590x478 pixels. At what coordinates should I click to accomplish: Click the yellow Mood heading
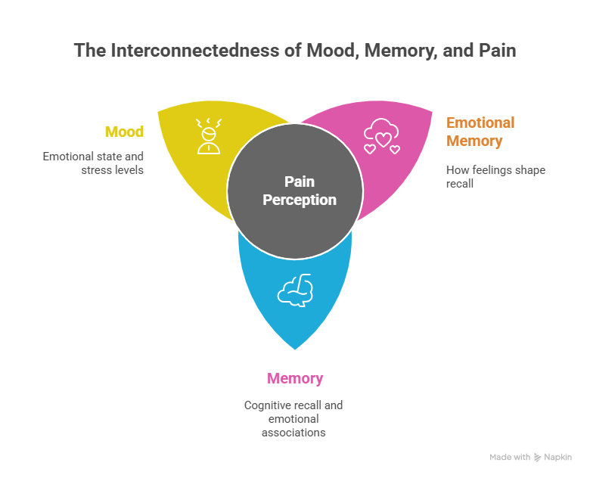(124, 132)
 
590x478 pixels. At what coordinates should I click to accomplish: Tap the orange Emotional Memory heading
(480, 132)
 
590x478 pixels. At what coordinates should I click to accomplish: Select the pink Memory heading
(294, 378)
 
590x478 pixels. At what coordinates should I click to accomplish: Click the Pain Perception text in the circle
(300, 191)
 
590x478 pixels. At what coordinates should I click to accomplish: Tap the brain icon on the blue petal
(295, 289)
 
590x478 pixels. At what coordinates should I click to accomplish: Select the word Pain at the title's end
(501, 51)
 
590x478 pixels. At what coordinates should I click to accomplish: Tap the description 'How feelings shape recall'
(495, 177)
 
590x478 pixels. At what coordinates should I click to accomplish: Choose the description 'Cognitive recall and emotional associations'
(293, 418)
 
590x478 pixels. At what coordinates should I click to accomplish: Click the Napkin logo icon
(537, 457)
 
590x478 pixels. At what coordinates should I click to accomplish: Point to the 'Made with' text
(510, 457)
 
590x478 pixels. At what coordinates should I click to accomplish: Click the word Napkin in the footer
(558, 457)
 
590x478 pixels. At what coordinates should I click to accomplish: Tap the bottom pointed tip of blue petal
(295, 350)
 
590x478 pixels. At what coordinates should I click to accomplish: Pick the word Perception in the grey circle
(300, 200)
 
